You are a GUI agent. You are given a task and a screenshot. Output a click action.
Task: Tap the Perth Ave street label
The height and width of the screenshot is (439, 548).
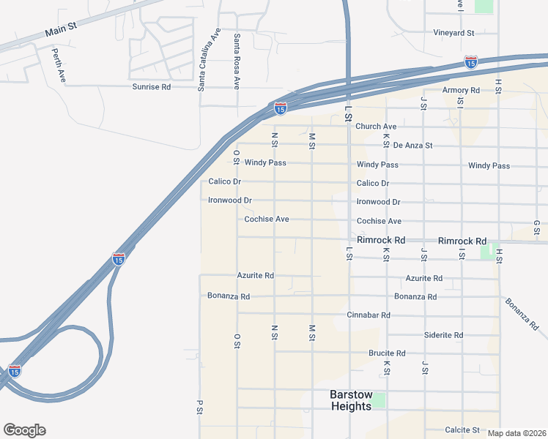59,64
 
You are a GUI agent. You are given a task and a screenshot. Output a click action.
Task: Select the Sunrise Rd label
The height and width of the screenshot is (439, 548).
151,86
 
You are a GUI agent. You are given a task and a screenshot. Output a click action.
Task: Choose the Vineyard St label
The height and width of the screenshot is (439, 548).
453,33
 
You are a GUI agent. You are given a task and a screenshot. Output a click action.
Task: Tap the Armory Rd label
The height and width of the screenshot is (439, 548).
460,90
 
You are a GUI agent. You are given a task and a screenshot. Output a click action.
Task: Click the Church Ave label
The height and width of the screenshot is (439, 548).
376,127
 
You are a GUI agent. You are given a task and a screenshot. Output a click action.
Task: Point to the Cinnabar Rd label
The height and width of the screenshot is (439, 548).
369,315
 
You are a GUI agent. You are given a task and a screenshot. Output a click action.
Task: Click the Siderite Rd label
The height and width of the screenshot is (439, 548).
443,335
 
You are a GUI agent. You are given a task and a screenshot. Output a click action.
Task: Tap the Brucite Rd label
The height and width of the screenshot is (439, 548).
387,353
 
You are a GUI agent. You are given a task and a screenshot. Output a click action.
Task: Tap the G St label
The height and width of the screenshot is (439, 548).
536,227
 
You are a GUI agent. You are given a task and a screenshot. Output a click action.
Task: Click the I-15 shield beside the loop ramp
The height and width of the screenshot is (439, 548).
15,371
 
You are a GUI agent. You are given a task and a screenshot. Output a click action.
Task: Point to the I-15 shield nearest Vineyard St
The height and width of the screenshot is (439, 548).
471,62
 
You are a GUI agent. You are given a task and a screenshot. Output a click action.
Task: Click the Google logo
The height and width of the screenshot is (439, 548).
24,430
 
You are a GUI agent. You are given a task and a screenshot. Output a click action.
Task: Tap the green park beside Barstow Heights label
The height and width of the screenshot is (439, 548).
378,400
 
